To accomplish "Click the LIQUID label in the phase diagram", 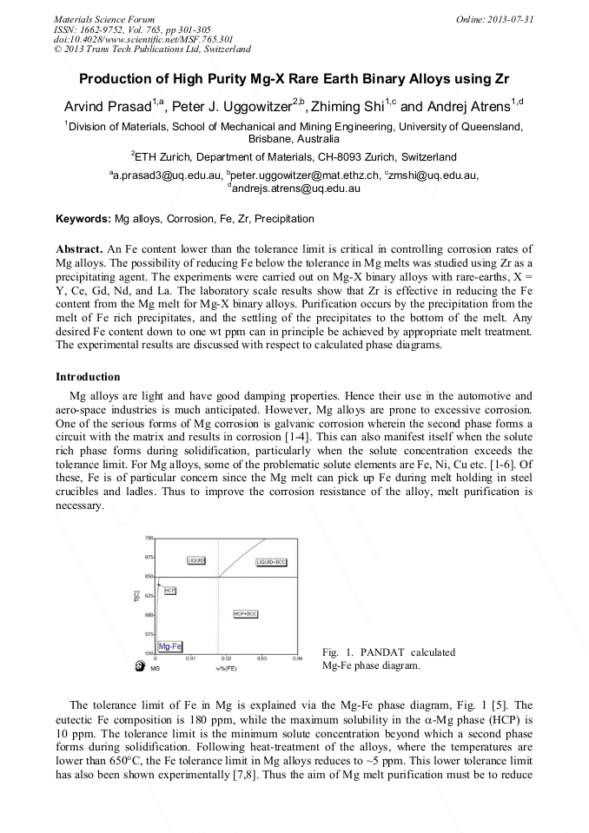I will point(196,560).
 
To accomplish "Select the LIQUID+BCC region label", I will point(272,562).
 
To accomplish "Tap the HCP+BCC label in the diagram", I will point(245,614).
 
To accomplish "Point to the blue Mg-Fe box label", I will point(169,646).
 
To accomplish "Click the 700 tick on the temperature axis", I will point(149,539).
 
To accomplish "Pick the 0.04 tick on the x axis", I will point(297,659).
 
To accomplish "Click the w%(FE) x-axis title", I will point(227,668).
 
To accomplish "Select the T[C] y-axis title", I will point(136,597).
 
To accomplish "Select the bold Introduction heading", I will point(88,376).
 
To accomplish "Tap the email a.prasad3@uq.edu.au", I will point(166,175).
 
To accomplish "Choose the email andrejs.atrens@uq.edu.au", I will point(294,188).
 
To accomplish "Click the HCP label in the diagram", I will point(170,590).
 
